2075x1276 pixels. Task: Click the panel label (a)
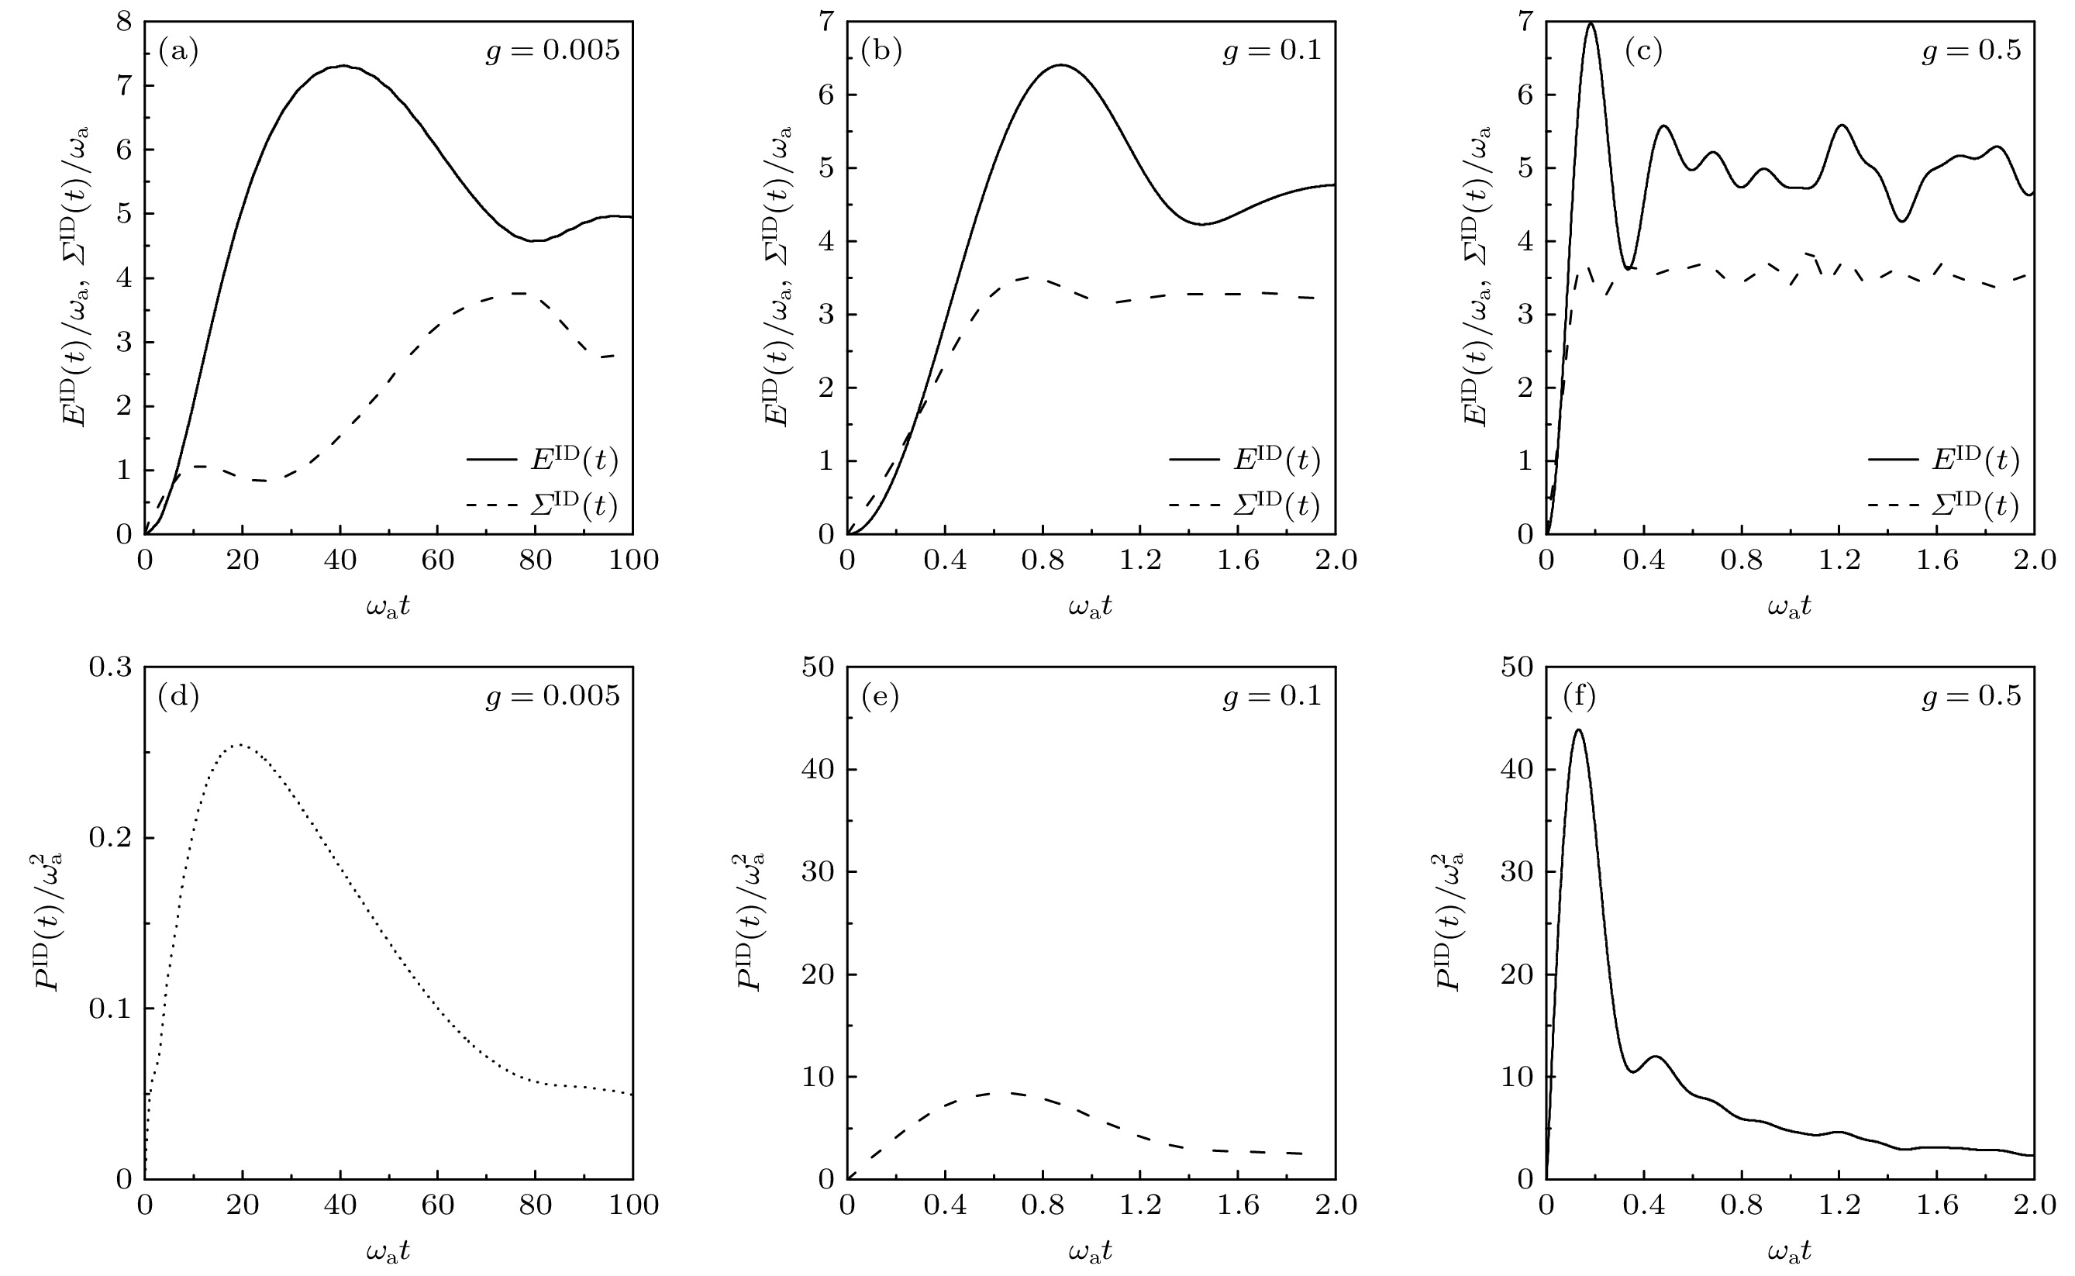pyautogui.click(x=178, y=52)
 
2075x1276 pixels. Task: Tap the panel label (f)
pyautogui.click(x=1579, y=697)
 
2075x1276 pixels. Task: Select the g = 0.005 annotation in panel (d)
pyautogui.click(x=552, y=697)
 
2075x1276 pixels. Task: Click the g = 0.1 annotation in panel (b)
pyautogui.click(x=1272, y=51)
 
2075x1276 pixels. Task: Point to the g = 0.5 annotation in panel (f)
pyautogui.click(x=1971, y=697)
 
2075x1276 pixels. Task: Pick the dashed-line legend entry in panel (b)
pyautogui.click(x=1244, y=506)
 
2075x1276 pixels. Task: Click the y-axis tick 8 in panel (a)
pyautogui.click(x=124, y=22)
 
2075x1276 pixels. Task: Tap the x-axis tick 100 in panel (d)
pyautogui.click(x=632, y=1205)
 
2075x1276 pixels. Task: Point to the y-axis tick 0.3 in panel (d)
pyautogui.click(x=111, y=667)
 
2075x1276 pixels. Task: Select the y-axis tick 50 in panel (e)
pyautogui.click(x=817, y=667)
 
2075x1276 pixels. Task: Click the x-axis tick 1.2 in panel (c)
pyautogui.click(x=1839, y=560)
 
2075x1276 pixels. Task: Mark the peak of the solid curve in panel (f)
pyautogui.click(x=1578, y=730)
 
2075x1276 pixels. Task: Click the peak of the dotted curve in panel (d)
pyautogui.click(x=240, y=744)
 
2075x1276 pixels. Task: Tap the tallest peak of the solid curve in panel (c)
pyautogui.click(x=1591, y=23)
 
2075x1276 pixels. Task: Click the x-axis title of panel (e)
pyautogui.click(x=1091, y=1250)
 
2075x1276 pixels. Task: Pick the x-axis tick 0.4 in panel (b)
pyautogui.click(x=945, y=560)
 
